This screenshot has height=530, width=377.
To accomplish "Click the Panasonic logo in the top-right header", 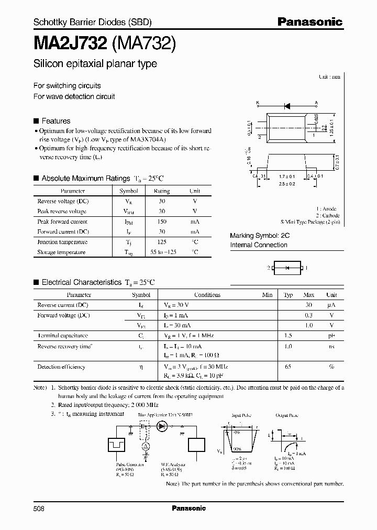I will (x=309, y=22).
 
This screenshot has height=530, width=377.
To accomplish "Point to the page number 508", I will (x=39, y=508).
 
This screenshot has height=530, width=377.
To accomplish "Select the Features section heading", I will (x=56, y=120).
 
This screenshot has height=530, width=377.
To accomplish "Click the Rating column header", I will (x=162, y=191).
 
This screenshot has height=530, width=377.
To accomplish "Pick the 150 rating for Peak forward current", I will (x=162, y=222).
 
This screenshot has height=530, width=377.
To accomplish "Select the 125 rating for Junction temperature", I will (x=162, y=242).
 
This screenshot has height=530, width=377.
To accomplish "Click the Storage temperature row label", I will (x=61, y=252).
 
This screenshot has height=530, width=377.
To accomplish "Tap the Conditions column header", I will (x=207, y=295).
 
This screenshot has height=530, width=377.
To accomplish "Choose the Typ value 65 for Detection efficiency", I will (x=288, y=367).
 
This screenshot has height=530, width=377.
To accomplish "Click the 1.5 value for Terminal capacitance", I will (x=288, y=336).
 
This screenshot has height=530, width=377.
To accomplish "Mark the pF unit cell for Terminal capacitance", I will (x=331, y=336).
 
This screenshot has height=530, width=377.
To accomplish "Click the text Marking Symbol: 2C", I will (x=260, y=236).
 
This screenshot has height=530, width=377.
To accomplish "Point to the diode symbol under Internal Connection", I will (x=286, y=268).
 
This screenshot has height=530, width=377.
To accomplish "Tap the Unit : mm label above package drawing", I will (x=329, y=76).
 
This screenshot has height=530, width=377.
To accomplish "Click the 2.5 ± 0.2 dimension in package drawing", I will (x=286, y=184).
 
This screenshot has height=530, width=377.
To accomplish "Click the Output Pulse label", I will (x=286, y=415).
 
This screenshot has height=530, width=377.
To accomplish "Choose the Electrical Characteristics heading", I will (x=81, y=282).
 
